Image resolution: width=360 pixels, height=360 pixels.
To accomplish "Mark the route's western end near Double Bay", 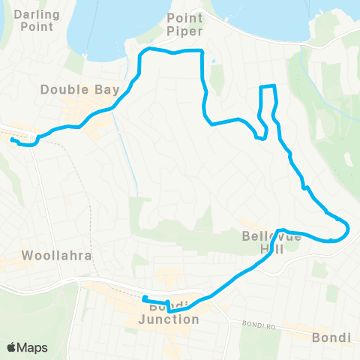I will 12,139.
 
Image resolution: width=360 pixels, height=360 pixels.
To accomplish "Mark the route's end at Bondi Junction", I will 143,299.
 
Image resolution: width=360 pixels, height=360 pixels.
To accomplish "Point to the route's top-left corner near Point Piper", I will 145,51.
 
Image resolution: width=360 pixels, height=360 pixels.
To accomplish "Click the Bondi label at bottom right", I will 330,337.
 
